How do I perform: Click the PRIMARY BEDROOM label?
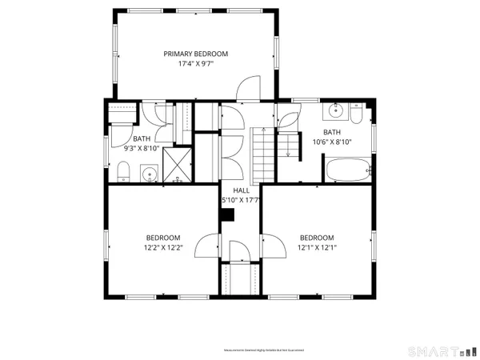(196, 54)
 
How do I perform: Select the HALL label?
(241, 190)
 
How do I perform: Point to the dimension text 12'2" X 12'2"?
(162, 248)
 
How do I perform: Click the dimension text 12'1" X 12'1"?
(317, 248)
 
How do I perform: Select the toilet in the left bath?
(124, 170)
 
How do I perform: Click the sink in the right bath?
(337, 110)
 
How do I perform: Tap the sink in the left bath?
(149, 173)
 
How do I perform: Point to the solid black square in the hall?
(228, 214)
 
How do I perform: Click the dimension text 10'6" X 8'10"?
(332, 142)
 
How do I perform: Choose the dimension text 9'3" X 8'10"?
(141, 147)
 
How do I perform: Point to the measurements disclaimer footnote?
(262, 350)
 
